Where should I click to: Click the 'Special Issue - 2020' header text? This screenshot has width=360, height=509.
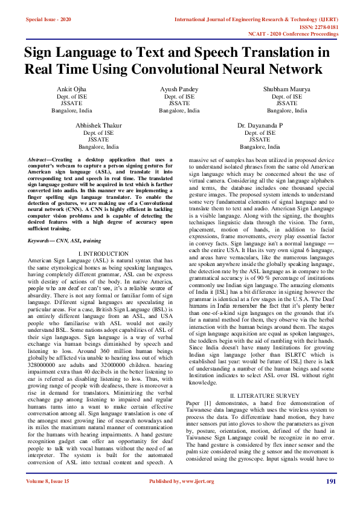coord(48,19)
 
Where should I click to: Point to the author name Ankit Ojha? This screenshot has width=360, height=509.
coord(72,89)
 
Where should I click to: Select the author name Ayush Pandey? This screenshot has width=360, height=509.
coord(179,89)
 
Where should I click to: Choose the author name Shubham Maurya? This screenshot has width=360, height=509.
coord(287,89)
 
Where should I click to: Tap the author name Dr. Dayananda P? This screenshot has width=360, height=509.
coord(260,125)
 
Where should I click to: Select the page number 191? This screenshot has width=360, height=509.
coord(331,498)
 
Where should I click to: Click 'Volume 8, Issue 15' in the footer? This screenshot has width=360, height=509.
coord(48,499)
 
